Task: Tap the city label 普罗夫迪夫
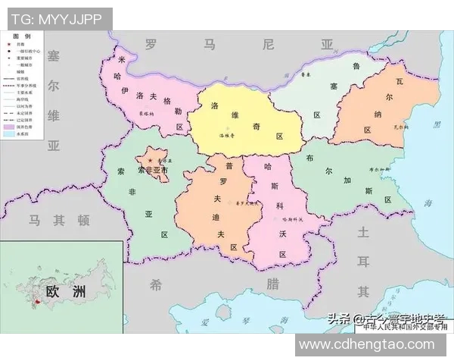(247, 203)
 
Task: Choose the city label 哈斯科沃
(292, 219)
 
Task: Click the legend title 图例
(23, 36)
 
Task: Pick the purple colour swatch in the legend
(11, 126)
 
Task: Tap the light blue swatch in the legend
(11, 134)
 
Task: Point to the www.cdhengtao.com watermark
(373, 345)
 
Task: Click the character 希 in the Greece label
(156, 285)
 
